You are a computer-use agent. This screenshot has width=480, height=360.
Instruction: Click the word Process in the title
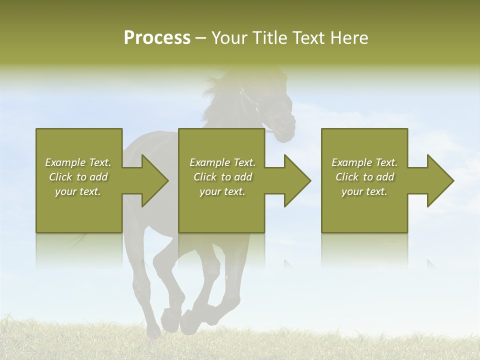pos(157,38)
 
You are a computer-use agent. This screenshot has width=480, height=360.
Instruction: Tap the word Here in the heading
pos(349,38)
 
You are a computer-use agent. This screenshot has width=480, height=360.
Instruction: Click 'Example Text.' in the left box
pos(78,162)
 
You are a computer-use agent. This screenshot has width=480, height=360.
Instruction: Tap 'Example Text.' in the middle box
pos(222,162)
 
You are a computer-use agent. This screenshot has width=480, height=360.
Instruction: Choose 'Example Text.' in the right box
pos(364,162)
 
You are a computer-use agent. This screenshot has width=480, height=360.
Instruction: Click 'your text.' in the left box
pos(78,191)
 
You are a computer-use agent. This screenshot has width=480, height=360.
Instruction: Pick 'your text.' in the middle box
pos(222,191)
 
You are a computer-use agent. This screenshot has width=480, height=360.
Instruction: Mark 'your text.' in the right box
pos(364,191)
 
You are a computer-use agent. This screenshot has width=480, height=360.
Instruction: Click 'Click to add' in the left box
pos(78,177)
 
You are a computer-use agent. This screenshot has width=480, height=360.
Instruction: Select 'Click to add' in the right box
pos(364,177)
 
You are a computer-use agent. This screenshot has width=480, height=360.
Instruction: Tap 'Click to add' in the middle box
pos(222,177)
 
